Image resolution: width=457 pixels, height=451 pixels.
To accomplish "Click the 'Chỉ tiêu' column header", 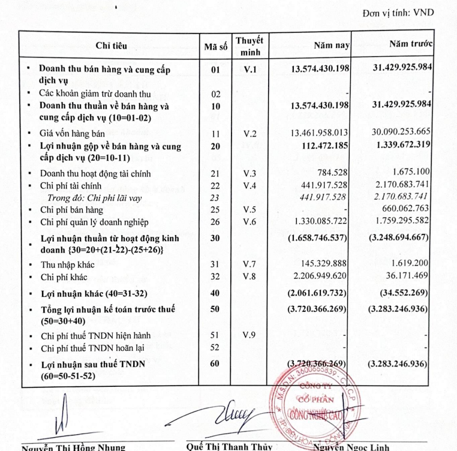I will (x=111, y=46).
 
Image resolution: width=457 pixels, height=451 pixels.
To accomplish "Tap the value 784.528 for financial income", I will (x=333, y=174).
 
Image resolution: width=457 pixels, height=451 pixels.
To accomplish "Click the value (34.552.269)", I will (x=402, y=294).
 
